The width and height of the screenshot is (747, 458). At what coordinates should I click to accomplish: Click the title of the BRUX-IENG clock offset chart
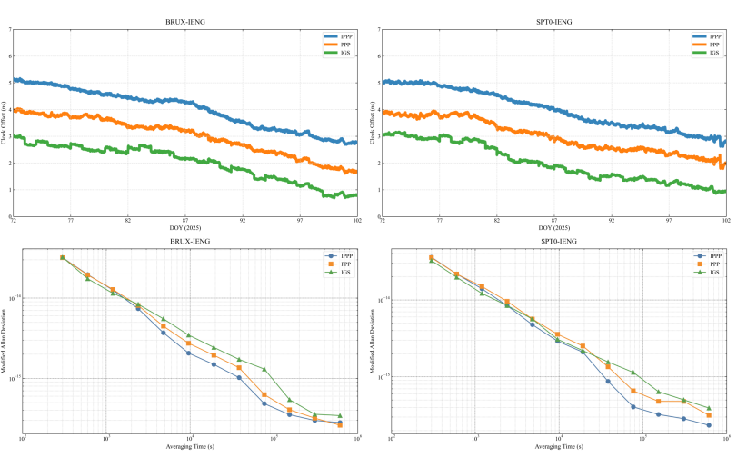point(185,21)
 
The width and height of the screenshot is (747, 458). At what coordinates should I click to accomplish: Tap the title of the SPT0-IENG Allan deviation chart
point(554,241)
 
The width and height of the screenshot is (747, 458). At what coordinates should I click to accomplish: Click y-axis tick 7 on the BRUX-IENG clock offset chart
point(10,29)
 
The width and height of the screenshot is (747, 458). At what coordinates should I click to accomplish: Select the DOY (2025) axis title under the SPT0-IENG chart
point(554,228)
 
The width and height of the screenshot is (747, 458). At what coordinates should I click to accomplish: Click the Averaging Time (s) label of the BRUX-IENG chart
point(185,447)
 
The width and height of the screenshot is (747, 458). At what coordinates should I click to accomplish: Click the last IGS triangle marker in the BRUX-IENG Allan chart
point(340,415)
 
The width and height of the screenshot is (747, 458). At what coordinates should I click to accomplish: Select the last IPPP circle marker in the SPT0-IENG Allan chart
point(709,425)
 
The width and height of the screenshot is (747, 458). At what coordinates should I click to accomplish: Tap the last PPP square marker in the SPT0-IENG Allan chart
point(709,415)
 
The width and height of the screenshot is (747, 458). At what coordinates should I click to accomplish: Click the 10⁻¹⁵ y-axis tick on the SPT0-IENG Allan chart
point(383,378)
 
